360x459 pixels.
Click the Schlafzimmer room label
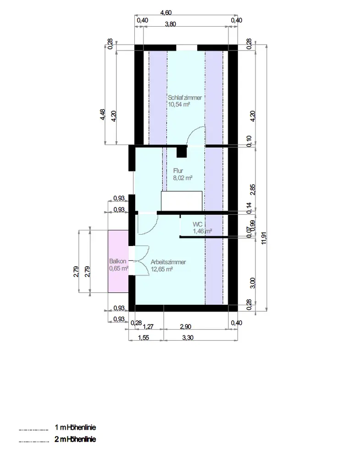(185, 98)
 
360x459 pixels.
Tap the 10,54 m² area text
(179, 105)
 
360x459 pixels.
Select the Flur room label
(178, 171)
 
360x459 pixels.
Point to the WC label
(197, 224)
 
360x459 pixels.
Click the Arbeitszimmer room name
(168, 262)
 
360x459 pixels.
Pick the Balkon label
(118, 261)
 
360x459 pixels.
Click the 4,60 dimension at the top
(166, 12)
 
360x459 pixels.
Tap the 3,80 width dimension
(171, 24)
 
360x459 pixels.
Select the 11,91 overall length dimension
(264, 238)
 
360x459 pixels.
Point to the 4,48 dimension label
(102, 114)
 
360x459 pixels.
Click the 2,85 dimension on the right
(253, 190)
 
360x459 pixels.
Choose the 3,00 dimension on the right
(253, 283)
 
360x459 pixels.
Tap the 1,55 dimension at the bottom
(143, 337)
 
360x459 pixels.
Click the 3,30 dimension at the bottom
(188, 337)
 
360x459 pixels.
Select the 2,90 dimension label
(186, 327)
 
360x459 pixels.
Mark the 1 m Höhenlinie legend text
(75, 427)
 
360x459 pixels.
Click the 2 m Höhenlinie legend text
(75, 439)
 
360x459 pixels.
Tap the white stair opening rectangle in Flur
(182, 201)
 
